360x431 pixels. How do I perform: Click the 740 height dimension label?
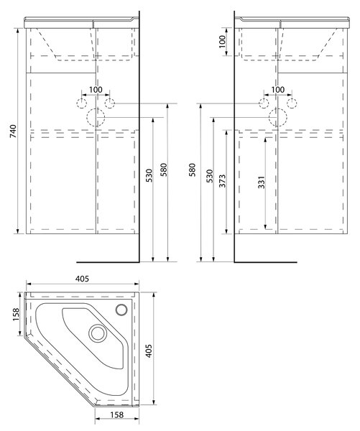13,131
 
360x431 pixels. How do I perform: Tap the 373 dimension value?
222,181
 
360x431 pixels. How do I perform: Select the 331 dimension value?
262,182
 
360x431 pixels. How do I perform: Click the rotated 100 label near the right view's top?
222,42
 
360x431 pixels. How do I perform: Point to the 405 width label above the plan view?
82,279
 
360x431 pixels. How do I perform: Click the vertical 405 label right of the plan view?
149,351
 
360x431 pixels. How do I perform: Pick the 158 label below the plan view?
117,414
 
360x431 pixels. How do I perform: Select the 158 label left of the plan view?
16,314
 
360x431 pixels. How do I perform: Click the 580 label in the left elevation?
164,170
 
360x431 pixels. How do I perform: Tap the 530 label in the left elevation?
149,176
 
